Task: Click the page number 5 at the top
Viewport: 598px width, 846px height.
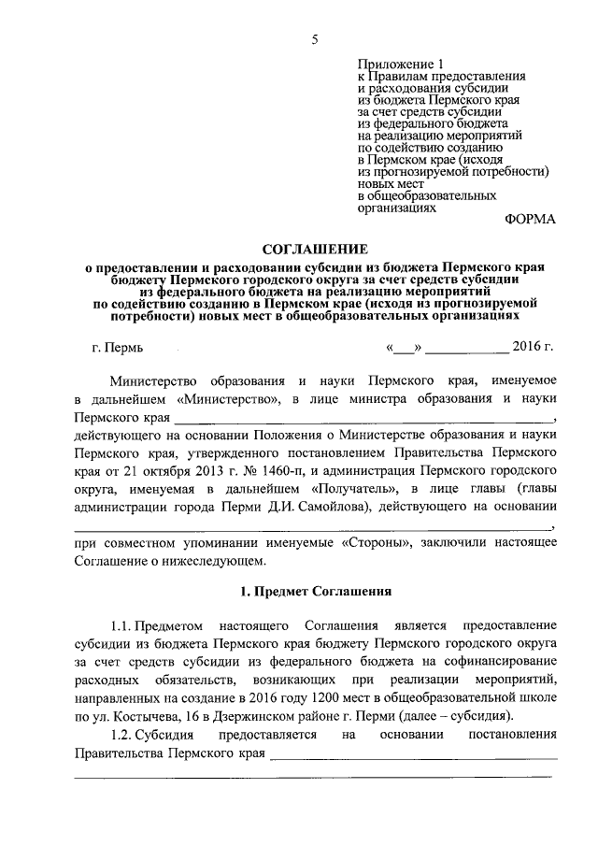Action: tap(316, 38)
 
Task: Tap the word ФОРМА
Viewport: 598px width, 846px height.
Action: tap(529, 220)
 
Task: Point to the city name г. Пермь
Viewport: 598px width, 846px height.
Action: tap(118, 348)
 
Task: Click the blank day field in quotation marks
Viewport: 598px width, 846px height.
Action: tap(404, 348)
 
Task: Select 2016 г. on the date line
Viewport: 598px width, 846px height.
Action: tap(534, 348)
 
